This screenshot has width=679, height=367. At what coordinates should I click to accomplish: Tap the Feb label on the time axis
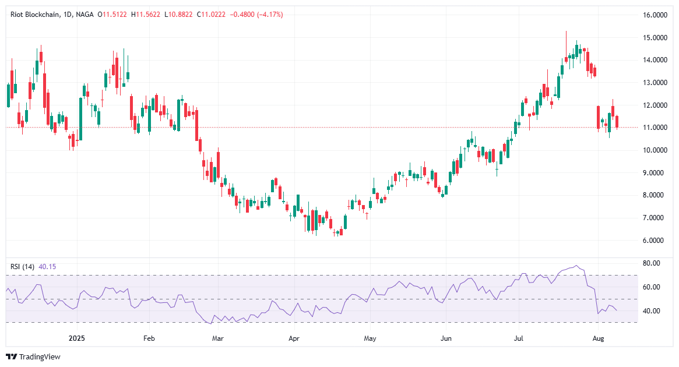(x=149, y=338)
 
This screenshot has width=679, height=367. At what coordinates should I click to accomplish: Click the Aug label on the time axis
(x=597, y=338)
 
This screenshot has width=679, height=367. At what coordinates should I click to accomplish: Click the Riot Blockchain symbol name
(x=36, y=15)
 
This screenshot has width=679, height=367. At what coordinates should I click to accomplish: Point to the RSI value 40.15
(x=47, y=267)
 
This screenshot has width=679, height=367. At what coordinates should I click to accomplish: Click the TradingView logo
(x=33, y=357)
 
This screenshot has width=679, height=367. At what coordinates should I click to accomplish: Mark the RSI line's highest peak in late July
(x=576, y=266)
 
